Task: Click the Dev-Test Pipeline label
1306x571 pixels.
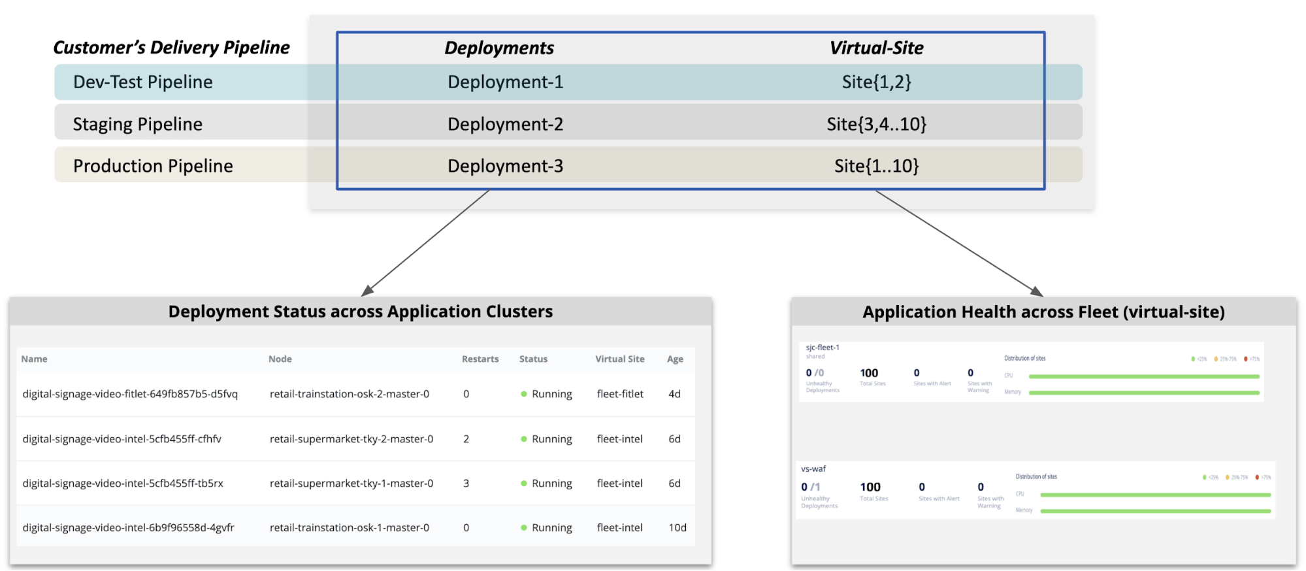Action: tap(142, 82)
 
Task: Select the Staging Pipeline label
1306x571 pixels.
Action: tap(137, 124)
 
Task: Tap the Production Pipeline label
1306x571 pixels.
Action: tap(153, 166)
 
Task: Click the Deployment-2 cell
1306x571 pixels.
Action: tap(505, 124)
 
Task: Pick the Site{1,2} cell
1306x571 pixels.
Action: tap(876, 82)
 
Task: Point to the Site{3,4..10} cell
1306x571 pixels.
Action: tap(876, 124)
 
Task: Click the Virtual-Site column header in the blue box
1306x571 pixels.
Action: tap(876, 48)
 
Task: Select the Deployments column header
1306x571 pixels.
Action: tap(499, 48)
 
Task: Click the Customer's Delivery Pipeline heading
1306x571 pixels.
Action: tap(171, 48)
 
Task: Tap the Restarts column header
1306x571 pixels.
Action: tap(480, 359)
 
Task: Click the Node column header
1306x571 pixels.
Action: tap(280, 359)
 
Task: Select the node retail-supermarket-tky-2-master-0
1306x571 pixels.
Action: tap(351, 439)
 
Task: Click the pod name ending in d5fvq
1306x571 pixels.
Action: tap(130, 394)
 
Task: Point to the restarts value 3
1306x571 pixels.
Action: tap(466, 483)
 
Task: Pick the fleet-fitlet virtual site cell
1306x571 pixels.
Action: tap(620, 394)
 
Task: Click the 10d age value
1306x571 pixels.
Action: tap(677, 528)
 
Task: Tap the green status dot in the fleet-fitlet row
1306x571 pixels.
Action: tap(524, 394)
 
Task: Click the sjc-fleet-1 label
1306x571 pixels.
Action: tap(823, 348)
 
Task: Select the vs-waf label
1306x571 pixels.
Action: tap(813, 469)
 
